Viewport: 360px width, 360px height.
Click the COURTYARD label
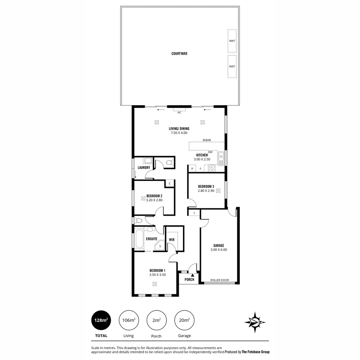pos(179,53)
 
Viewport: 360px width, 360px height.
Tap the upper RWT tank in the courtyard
pos(232,41)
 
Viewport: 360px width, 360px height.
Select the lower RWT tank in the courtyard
pos(232,66)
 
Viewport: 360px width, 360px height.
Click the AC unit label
pos(179,113)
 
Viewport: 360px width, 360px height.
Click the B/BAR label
pos(207,140)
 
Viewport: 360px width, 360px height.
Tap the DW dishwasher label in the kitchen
pos(210,152)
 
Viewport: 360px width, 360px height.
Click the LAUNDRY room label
pos(144,167)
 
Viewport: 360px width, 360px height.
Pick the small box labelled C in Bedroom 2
pos(170,183)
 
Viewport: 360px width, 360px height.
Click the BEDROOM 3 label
pos(206,186)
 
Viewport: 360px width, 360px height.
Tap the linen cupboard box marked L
pos(194,213)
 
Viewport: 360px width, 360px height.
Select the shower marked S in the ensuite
pos(160,246)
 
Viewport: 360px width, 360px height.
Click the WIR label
pos(172,240)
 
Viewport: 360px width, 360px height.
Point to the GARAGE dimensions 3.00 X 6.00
pos(219,250)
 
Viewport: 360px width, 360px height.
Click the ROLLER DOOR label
pos(220,280)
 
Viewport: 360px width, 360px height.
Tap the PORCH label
pos(189,279)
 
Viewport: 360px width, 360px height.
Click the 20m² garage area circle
pos(184,320)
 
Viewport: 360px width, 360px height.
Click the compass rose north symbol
pos(255,322)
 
